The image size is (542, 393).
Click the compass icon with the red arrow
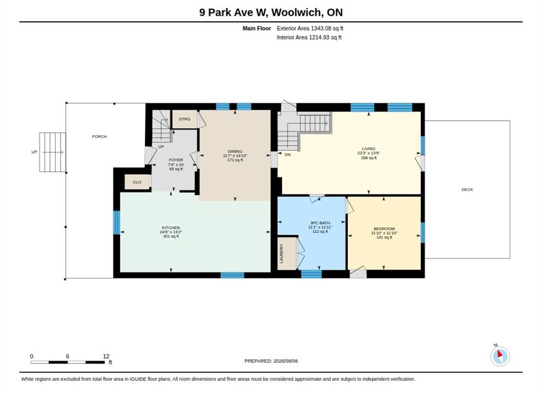click(500, 356)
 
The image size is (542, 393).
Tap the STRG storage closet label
click(185, 119)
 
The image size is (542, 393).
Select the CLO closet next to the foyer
click(137, 182)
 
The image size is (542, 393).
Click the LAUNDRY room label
click(281, 254)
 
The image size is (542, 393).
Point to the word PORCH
click(99, 136)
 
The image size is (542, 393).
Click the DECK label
click(467, 189)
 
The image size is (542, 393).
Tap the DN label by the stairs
click(287, 154)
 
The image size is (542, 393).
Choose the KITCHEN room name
click(171, 228)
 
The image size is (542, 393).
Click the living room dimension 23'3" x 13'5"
click(369, 153)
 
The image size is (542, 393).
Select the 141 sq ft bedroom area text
click(384, 237)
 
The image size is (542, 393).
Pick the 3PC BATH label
click(320, 223)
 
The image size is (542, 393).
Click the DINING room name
click(235, 151)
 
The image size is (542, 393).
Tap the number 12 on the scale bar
click(106, 356)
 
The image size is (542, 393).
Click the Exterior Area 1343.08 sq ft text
click(310, 28)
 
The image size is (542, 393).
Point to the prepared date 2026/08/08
click(286, 361)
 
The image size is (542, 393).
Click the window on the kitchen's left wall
click(117, 223)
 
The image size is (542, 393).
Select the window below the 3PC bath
click(311, 274)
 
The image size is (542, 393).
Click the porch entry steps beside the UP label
click(52, 152)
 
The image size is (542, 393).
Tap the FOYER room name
click(176, 160)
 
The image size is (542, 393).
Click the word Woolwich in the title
click(296, 13)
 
